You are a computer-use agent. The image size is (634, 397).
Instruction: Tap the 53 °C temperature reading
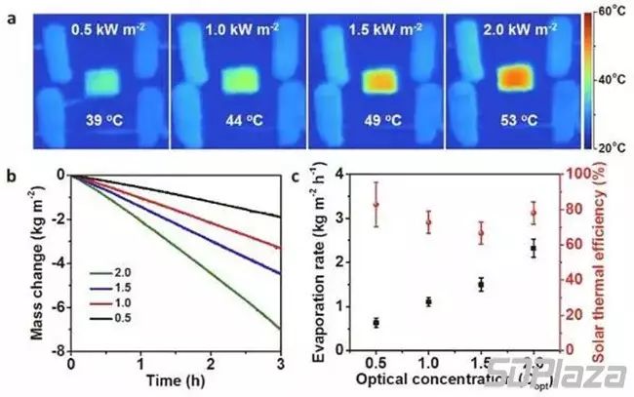(508, 123)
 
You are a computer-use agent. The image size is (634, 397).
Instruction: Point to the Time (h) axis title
(176, 377)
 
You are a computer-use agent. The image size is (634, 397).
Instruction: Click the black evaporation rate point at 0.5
(376, 322)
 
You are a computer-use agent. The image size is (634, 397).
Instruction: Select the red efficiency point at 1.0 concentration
(429, 222)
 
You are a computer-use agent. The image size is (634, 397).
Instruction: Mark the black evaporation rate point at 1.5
(481, 285)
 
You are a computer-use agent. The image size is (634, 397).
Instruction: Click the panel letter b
(10, 176)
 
